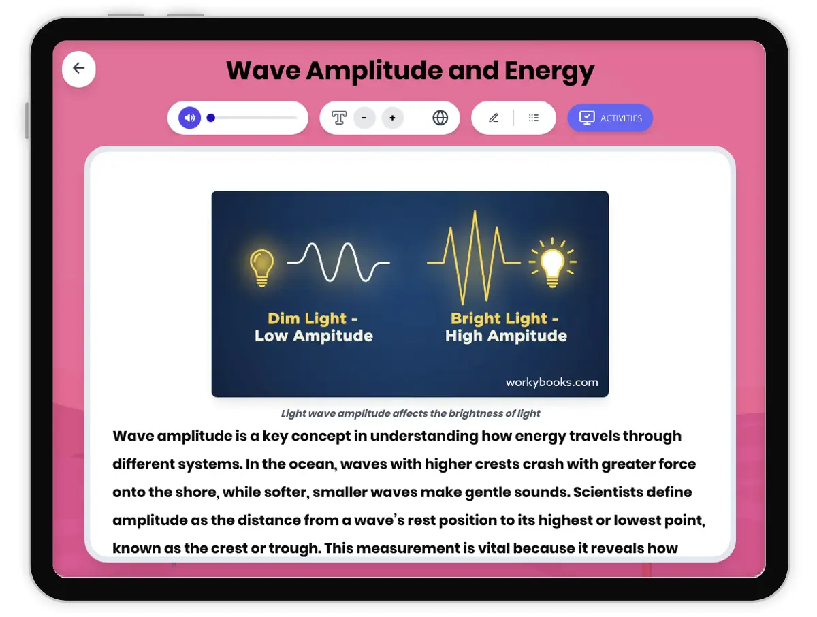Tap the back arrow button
(x=79, y=68)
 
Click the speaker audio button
(x=190, y=118)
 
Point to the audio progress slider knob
(x=211, y=118)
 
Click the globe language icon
(x=440, y=118)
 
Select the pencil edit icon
(x=494, y=118)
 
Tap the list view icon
(x=534, y=118)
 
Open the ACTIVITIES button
(x=610, y=118)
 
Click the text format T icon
(x=339, y=118)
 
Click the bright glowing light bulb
(x=552, y=262)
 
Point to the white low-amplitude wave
(x=338, y=262)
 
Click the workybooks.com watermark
(x=551, y=382)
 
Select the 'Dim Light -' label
(x=313, y=318)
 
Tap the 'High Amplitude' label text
(x=506, y=335)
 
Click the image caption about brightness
(x=411, y=413)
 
